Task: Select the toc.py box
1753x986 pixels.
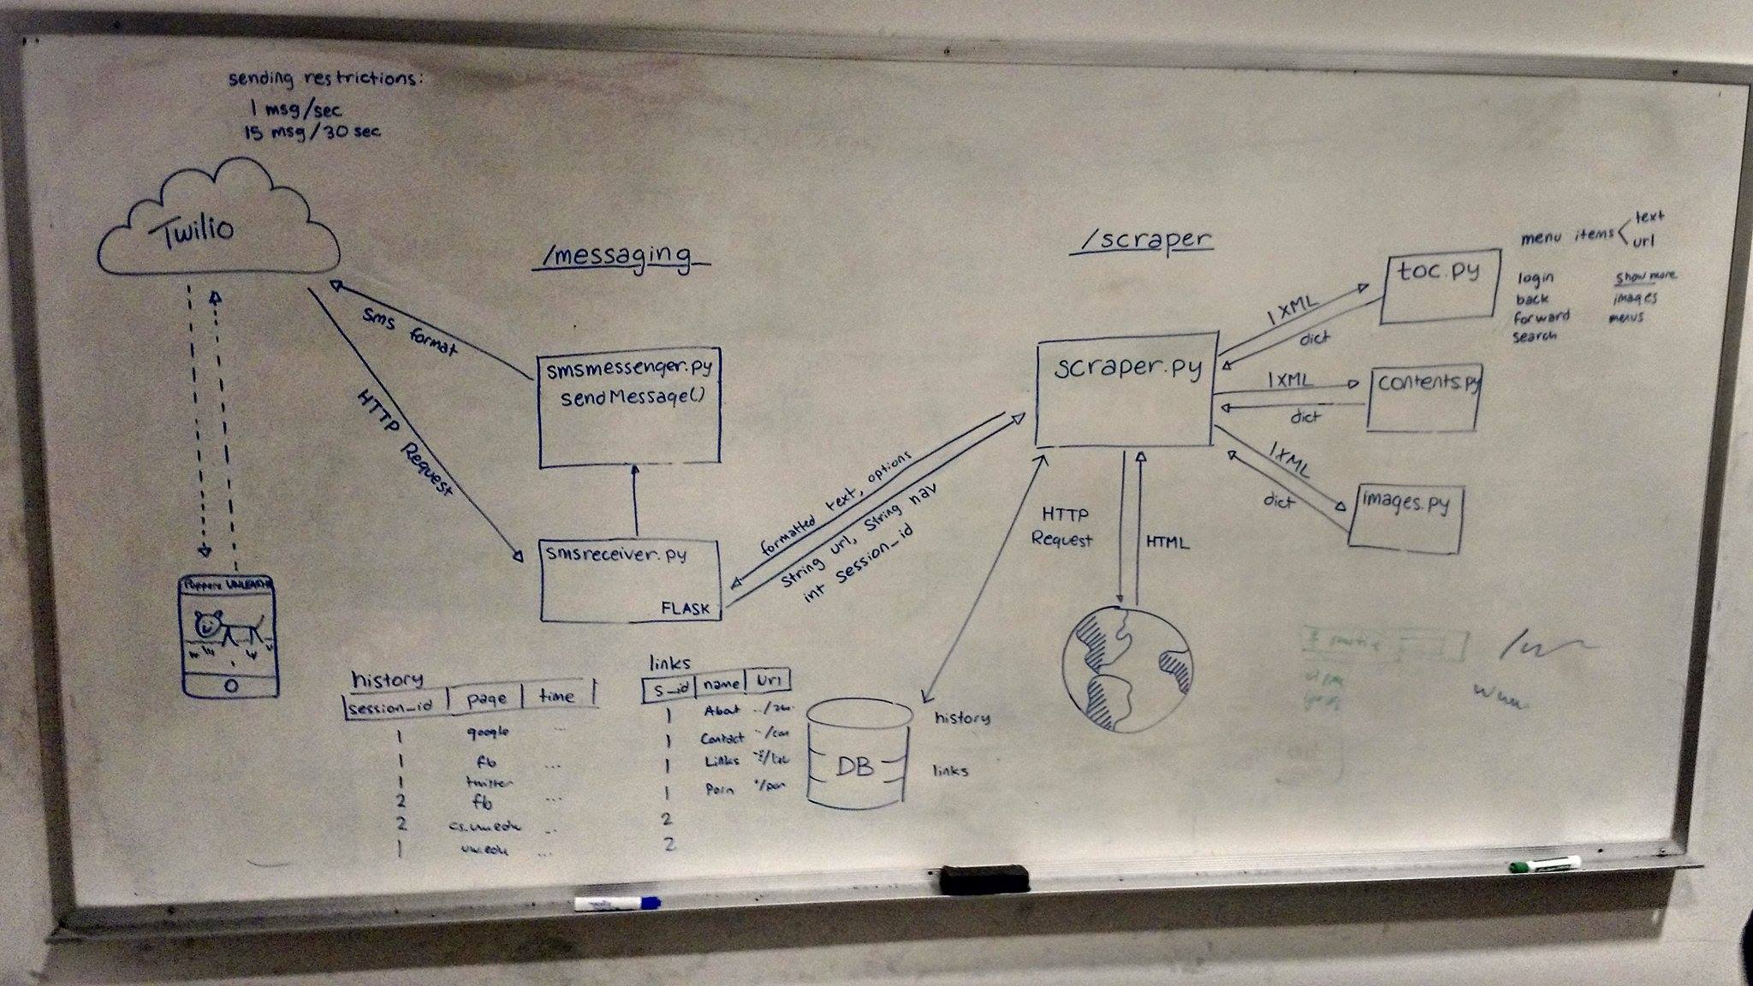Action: coord(1441,286)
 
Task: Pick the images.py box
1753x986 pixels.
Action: coord(1405,516)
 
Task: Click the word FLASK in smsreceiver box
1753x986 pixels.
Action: coord(686,609)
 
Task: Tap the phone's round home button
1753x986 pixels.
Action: coord(230,686)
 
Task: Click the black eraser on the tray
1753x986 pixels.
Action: coord(983,878)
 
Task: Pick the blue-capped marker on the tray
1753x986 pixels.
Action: coord(616,903)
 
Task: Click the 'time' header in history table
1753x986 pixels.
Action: coord(556,697)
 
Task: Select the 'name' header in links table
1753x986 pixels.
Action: coord(721,683)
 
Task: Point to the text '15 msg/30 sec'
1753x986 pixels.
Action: coord(312,132)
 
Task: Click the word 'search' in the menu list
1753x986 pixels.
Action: coord(1534,336)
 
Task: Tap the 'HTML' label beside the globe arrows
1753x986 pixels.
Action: coord(1168,542)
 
